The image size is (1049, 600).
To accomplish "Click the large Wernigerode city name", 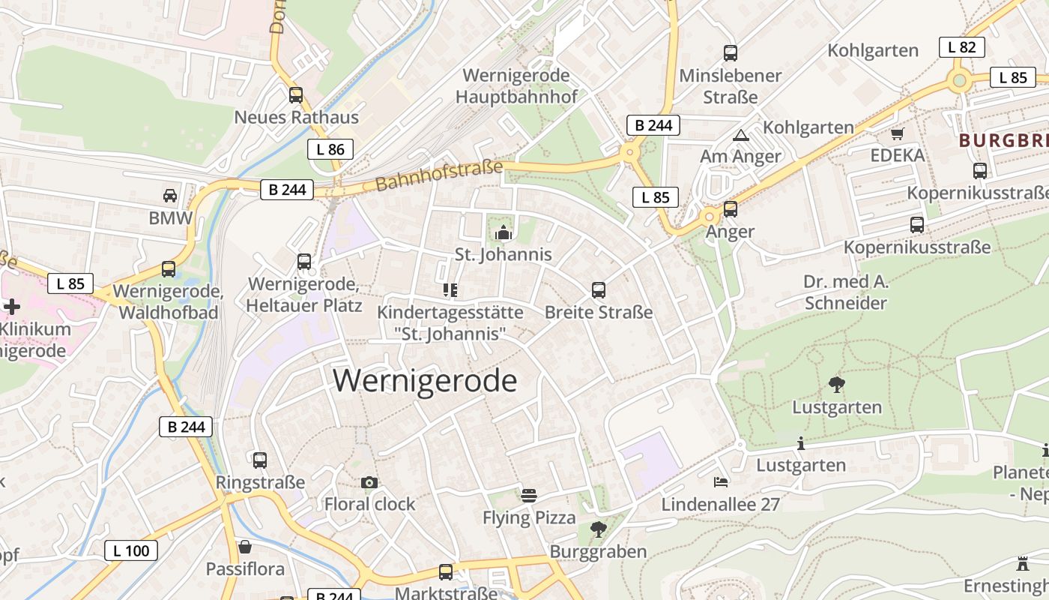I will tap(425, 381).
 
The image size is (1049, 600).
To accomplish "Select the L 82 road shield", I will tap(961, 47).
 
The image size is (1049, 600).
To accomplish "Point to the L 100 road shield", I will tap(131, 551).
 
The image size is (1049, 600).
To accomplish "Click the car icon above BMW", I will tap(170, 196).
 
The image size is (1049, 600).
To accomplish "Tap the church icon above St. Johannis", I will tap(504, 233).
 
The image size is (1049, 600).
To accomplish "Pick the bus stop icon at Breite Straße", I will tap(598, 290).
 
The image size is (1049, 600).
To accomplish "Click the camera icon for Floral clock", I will tap(369, 482).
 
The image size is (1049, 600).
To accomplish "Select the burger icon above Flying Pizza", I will tap(529, 496).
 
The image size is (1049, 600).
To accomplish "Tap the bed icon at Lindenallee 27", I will tap(721, 481).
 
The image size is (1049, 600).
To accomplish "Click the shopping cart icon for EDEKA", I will tap(897, 133).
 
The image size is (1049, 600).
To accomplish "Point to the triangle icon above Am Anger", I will tap(740, 136).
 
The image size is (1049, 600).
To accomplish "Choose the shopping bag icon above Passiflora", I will tap(245, 547).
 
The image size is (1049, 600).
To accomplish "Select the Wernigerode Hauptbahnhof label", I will tap(516, 86).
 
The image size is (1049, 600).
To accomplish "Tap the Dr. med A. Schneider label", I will tap(845, 292).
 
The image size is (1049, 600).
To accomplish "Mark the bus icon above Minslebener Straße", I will tap(731, 53).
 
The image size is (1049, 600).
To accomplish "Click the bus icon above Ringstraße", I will tap(260, 460).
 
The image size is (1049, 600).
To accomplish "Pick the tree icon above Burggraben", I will tap(598, 529).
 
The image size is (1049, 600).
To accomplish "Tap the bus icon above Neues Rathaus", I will tap(296, 95).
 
